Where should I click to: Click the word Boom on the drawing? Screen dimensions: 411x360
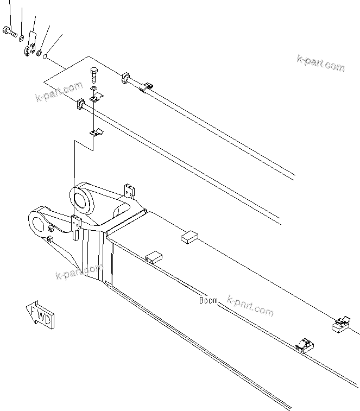[208, 300]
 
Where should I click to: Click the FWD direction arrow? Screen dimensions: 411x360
[40, 315]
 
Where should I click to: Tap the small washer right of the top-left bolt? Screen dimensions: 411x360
[21, 38]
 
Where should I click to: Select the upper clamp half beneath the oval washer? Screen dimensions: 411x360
[96, 98]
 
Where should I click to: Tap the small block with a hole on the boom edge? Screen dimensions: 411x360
[154, 256]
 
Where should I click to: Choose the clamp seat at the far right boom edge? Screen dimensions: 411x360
[339, 325]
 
